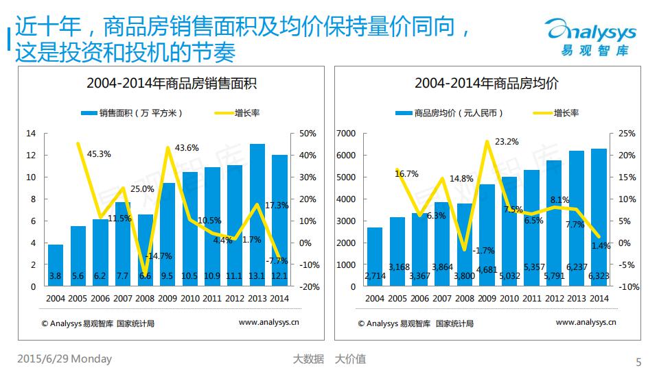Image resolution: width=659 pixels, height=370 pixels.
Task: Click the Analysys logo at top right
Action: [590, 38]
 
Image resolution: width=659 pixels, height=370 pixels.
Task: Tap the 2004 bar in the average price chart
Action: [375, 256]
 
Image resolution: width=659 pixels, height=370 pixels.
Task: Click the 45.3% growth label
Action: [99, 154]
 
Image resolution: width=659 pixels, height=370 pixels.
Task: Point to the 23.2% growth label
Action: [507, 142]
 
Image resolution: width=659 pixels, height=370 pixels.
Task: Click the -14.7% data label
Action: [159, 256]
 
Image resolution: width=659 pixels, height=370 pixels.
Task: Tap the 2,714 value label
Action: [375, 276]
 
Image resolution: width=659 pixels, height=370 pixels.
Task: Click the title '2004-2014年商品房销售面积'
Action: [172, 84]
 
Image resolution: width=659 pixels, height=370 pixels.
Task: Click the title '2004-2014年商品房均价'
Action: [487, 84]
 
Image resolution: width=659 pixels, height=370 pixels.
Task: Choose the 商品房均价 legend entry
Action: [450, 113]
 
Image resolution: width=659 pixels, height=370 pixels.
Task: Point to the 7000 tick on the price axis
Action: [348, 133]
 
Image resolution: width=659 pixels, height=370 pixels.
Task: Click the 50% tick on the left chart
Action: [308, 133]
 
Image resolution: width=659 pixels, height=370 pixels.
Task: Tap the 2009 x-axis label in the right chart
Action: [487, 298]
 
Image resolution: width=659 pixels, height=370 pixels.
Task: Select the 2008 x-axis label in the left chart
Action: [146, 298]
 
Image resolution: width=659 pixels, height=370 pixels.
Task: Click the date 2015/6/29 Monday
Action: [64, 359]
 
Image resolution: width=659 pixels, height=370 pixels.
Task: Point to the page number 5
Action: [638, 362]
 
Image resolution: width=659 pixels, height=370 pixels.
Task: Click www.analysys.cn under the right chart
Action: [586, 322]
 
